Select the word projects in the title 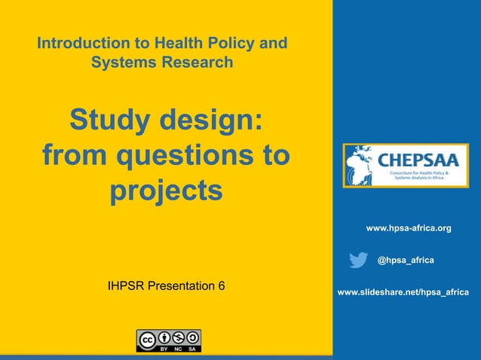pyautogui.click(x=167, y=191)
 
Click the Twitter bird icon pyautogui.click(x=359, y=260)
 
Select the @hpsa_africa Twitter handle pyautogui.click(x=405, y=260)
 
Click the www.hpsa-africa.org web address pyautogui.click(x=408, y=227)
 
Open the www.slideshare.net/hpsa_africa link pyautogui.click(x=403, y=292)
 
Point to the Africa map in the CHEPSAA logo pyautogui.click(x=360, y=165)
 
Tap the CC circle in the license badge pyautogui.click(x=146, y=337)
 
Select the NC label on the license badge pyautogui.click(x=178, y=349)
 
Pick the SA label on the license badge pyautogui.click(x=193, y=349)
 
